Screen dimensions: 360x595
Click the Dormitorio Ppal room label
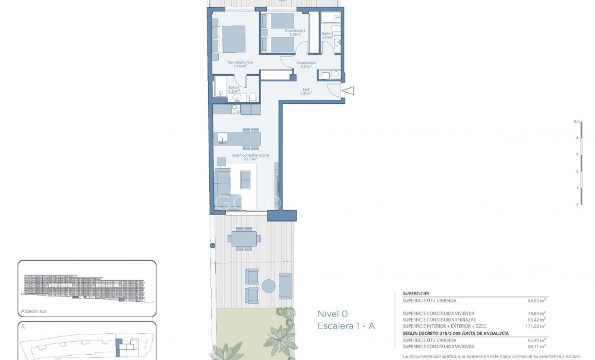click(240, 64)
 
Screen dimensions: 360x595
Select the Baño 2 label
click(328, 35)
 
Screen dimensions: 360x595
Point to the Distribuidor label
click(306, 64)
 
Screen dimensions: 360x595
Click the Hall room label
click(306, 91)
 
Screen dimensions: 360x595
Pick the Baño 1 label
click(233, 89)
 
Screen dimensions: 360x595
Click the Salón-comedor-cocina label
click(244, 157)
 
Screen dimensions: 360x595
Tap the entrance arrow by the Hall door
click(348, 91)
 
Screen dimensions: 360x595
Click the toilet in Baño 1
click(253, 97)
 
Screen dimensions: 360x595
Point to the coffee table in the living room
click(245, 179)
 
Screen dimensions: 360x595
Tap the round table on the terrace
click(269, 286)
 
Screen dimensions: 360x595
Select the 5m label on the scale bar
click(576, 121)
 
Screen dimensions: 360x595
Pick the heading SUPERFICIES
click(416, 293)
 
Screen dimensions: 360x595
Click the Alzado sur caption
click(34, 310)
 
